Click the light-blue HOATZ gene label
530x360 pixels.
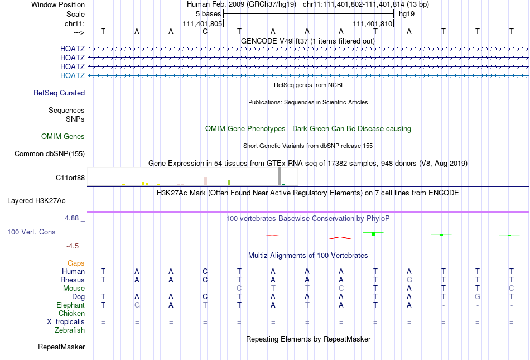click(73, 75)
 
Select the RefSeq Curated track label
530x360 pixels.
click(59, 93)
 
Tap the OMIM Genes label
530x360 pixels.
click(63, 136)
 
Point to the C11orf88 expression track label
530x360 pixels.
click(70, 177)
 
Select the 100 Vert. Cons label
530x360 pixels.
click(31, 232)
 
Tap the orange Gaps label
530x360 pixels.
click(76, 263)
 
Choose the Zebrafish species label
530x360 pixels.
click(70, 330)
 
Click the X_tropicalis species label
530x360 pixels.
click(66, 322)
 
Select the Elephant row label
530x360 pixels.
click(70, 305)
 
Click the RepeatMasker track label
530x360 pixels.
click(61, 347)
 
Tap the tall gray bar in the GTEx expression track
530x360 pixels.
click(280, 176)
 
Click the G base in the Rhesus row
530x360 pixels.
click(409, 280)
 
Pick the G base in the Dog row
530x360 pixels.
click(478, 296)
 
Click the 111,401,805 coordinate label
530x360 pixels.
click(203, 24)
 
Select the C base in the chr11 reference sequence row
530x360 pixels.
click(205, 31)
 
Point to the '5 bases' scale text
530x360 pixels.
click(209, 13)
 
